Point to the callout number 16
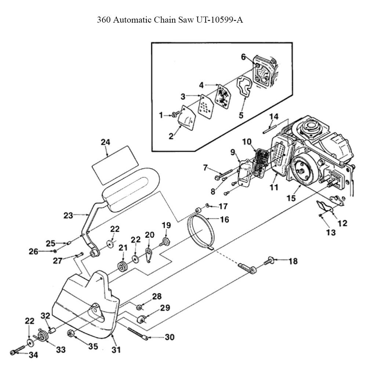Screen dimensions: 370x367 point(224,220)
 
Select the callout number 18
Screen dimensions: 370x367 point(293,261)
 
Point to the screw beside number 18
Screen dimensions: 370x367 point(269,261)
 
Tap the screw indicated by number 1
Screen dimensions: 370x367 point(176,115)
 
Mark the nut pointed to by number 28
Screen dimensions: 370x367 point(140,307)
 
